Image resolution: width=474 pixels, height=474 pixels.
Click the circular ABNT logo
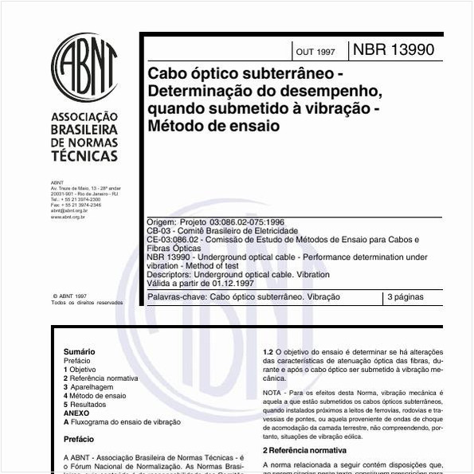84,67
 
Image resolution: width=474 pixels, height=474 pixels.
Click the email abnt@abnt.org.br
69,210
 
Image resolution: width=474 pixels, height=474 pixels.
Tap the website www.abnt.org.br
69,217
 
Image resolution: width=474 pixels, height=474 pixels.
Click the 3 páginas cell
405,297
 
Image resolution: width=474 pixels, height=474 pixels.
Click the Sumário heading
79,351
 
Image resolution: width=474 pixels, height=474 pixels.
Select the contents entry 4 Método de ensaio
95,395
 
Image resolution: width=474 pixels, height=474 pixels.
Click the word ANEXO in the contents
76,413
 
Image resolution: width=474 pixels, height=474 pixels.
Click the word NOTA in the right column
272,394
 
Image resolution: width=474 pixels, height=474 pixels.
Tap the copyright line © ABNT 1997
69,295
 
